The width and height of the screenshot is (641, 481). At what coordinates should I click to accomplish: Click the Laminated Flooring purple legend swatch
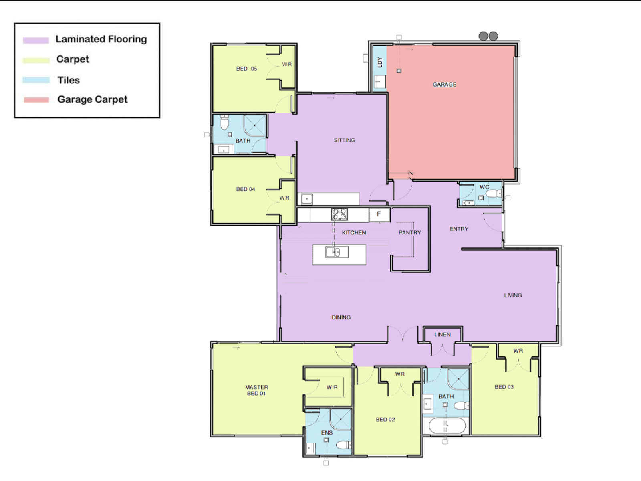point(36,40)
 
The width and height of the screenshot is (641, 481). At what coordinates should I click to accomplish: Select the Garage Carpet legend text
point(93,99)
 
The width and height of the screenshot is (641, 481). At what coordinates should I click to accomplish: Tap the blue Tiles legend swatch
point(36,80)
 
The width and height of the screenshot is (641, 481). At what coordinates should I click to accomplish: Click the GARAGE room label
point(444,85)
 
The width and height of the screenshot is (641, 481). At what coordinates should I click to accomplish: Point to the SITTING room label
point(344,140)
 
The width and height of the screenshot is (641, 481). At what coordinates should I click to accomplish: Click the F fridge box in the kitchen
point(379,215)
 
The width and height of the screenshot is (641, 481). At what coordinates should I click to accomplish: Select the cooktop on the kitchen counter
point(339,214)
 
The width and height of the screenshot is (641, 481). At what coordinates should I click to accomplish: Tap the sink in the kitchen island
point(337,252)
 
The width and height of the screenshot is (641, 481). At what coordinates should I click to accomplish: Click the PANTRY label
point(410,233)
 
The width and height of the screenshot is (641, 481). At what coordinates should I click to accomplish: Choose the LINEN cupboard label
point(442,335)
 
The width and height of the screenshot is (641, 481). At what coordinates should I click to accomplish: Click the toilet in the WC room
point(494,194)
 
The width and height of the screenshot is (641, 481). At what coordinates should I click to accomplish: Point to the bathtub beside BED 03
point(447,426)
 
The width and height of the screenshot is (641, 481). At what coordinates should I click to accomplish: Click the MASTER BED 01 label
point(256,390)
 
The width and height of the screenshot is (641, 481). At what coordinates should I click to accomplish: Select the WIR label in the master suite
point(332,387)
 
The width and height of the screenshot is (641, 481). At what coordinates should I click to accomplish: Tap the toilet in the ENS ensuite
point(343,445)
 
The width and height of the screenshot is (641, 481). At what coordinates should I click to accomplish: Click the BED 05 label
point(246,69)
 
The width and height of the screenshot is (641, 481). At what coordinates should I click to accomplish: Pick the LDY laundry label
point(380,62)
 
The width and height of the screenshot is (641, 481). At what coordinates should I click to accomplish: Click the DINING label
point(341,317)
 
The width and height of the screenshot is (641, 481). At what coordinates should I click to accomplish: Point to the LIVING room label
point(513,295)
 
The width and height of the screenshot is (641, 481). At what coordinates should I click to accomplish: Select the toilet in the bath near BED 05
point(224,123)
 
